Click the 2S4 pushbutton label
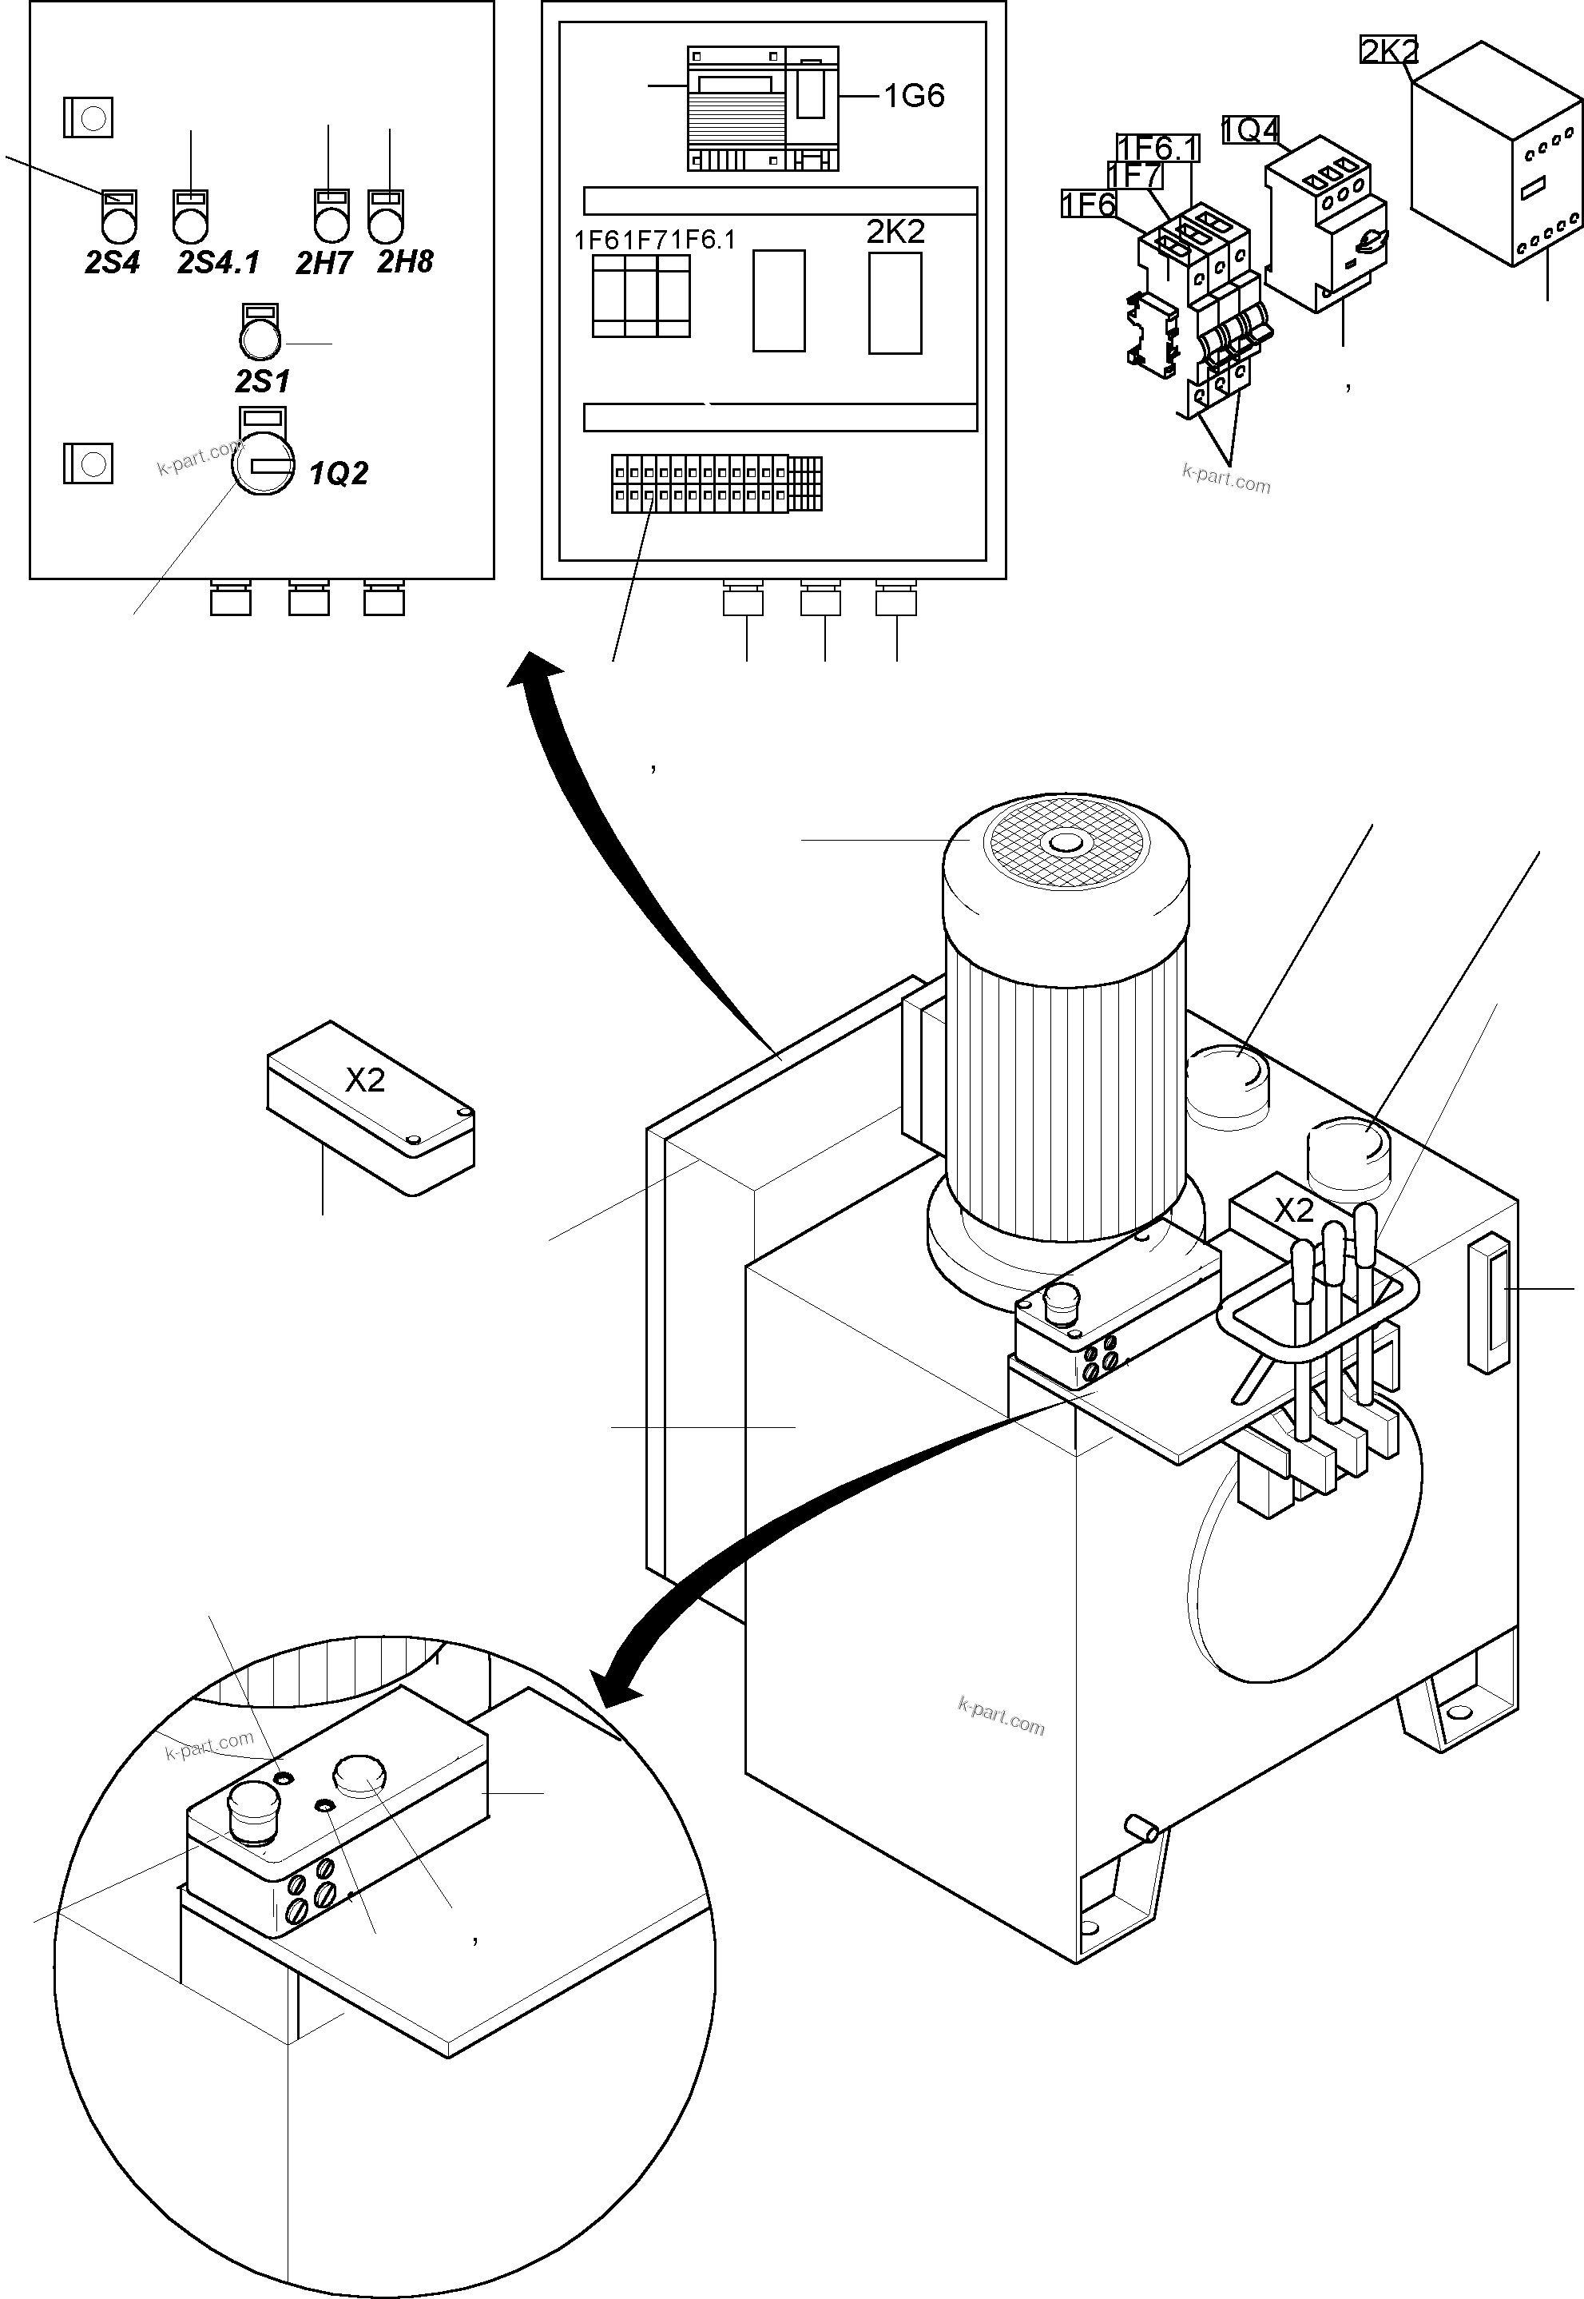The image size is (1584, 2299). point(111,262)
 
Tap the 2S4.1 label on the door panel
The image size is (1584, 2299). point(218,262)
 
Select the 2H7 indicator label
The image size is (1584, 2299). point(324,262)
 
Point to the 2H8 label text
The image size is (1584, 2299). point(405,261)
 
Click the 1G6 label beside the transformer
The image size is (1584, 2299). point(913,95)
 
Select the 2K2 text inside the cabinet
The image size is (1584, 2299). point(895,231)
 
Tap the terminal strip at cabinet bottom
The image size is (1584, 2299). point(716,483)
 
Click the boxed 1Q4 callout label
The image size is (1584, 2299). point(1249,130)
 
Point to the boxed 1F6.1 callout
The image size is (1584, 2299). point(1157,148)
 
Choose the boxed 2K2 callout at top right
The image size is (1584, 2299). point(1387,50)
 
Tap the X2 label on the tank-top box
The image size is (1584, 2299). point(1293,1210)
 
